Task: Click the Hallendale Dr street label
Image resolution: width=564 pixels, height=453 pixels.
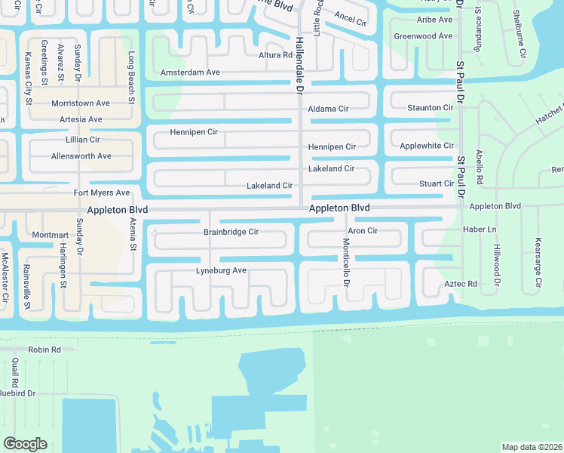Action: (x=299, y=66)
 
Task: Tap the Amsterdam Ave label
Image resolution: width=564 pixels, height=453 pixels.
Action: (x=190, y=72)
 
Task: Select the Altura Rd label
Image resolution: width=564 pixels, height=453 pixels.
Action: (x=275, y=55)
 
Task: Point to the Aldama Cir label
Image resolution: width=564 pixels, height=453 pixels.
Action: (x=328, y=109)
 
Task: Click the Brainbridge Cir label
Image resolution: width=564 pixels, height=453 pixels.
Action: (x=231, y=232)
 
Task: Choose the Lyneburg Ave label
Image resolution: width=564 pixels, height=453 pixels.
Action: (x=221, y=270)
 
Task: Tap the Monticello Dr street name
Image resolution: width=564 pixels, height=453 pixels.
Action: (x=346, y=262)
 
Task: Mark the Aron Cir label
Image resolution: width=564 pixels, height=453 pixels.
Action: (x=362, y=230)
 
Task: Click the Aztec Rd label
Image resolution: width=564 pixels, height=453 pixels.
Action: (x=462, y=284)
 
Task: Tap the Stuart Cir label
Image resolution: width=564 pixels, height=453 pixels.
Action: (x=437, y=183)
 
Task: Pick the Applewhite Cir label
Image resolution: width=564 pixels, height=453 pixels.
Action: (x=427, y=145)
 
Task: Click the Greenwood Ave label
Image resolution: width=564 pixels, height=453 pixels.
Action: (x=423, y=35)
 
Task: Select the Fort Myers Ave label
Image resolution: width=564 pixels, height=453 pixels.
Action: (x=101, y=193)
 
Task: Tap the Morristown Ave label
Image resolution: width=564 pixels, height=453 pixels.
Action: (x=81, y=103)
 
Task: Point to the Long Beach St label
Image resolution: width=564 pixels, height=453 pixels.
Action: (x=131, y=78)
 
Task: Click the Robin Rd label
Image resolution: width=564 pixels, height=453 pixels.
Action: (x=44, y=350)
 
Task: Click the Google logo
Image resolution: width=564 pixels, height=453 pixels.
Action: (x=25, y=443)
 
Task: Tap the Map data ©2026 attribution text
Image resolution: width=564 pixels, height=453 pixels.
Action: (x=532, y=447)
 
